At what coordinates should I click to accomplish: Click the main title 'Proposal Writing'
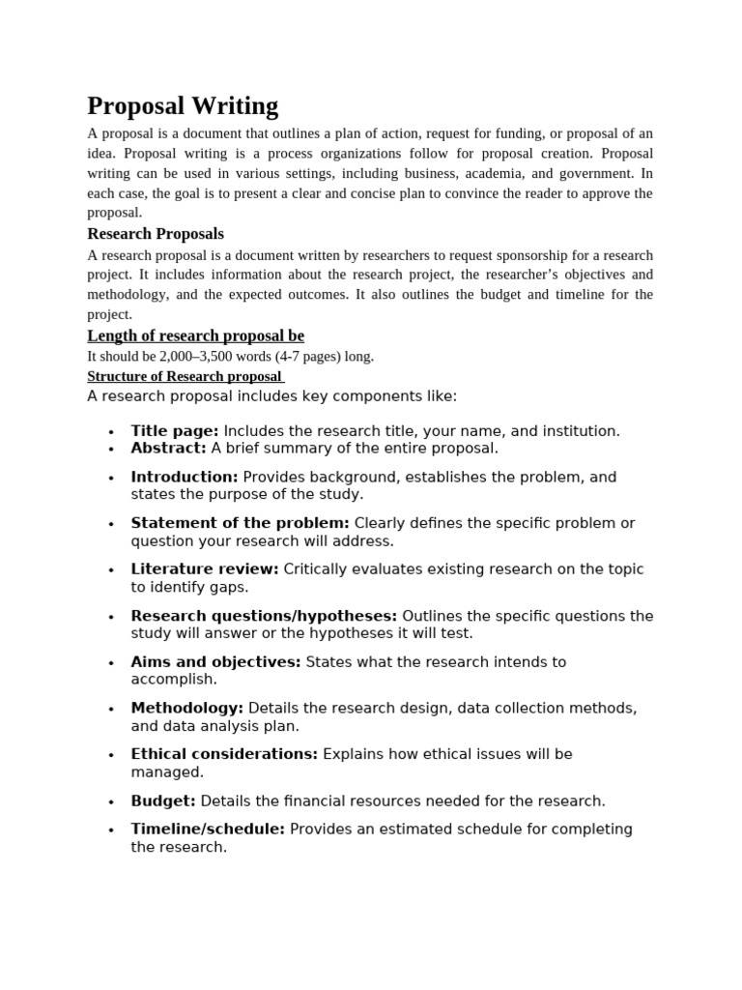click(x=183, y=105)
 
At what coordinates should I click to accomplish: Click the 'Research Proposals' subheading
click(x=156, y=234)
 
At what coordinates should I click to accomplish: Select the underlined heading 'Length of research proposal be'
click(x=196, y=335)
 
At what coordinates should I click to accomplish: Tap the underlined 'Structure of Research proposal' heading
click(x=185, y=376)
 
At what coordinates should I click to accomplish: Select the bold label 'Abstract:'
click(x=168, y=449)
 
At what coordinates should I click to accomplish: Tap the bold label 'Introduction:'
click(x=185, y=477)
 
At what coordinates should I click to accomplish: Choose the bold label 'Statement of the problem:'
click(x=240, y=523)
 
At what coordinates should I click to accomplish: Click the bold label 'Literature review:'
click(x=205, y=569)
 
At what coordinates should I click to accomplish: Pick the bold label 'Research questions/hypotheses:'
click(x=264, y=616)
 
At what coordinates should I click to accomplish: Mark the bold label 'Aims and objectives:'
click(x=215, y=662)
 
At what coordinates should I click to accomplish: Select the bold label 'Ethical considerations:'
click(x=224, y=754)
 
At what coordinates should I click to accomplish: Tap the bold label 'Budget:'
click(x=163, y=801)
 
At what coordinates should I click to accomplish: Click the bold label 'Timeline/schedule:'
click(x=208, y=830)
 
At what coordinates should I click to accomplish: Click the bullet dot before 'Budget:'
click(x=112, y=802)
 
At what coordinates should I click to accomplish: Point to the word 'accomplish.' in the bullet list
click(x=174, y=680)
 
